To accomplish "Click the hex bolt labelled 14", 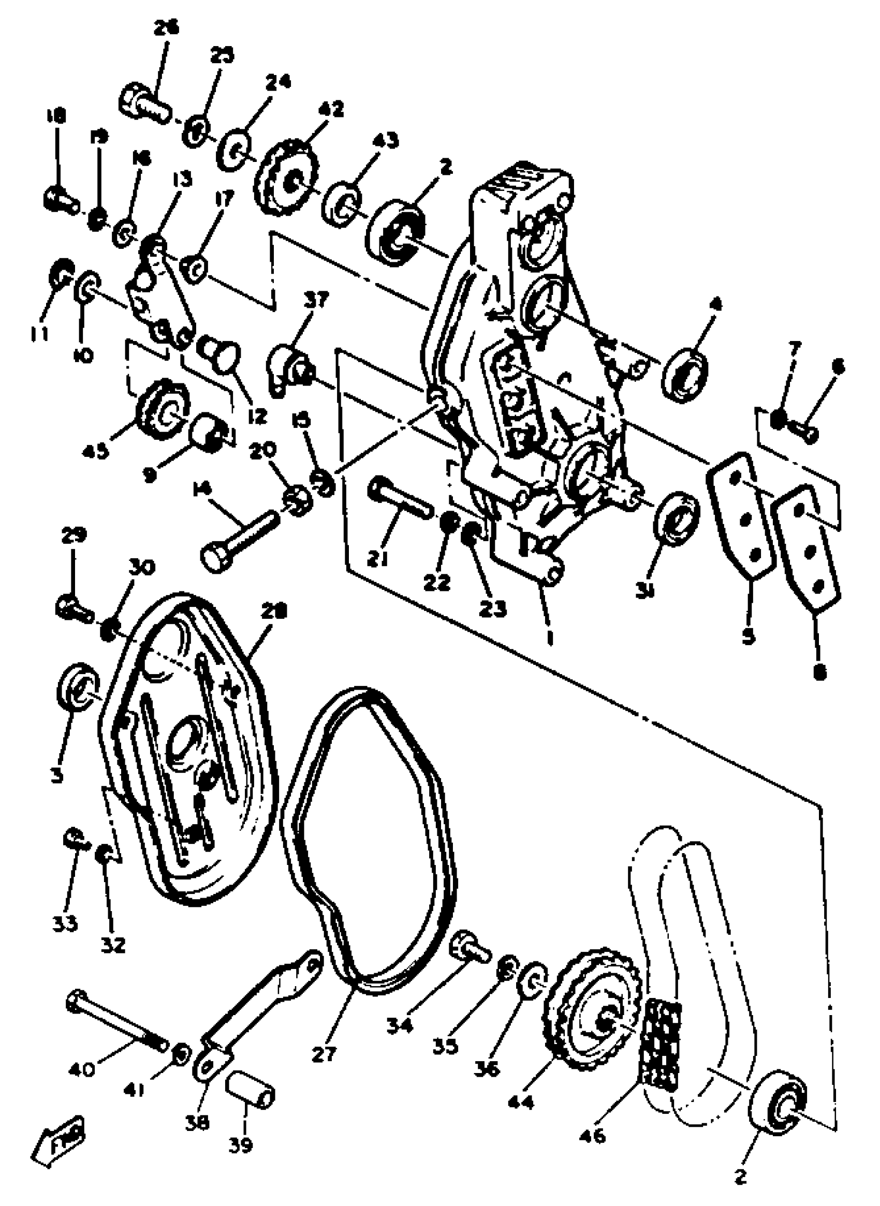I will coord(240,541).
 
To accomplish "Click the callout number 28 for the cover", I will coord(274,610).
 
